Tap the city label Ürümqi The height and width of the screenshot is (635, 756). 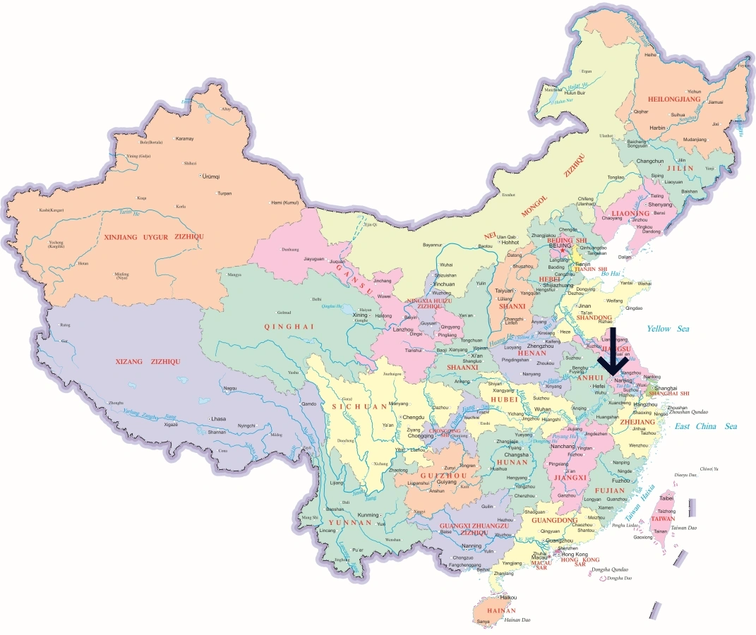211,176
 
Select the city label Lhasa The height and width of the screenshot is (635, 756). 218,418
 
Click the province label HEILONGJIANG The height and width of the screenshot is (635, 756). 669,100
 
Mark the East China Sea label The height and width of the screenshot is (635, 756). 705,426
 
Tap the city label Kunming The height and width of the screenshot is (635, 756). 369,514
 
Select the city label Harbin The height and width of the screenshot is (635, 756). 657,128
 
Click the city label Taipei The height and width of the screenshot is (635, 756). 666,498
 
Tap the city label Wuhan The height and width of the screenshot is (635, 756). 543,409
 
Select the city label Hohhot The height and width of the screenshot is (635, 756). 510,242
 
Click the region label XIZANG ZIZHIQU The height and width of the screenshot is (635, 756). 148,361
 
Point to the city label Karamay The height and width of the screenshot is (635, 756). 184,138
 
